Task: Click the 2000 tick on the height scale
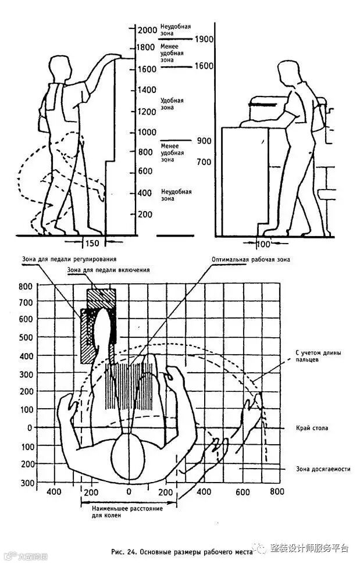[147, 30]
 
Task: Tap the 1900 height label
[204, 40]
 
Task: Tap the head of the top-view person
[128, 453]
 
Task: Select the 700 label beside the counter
[204, 162]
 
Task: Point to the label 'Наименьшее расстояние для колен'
[126, 512]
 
